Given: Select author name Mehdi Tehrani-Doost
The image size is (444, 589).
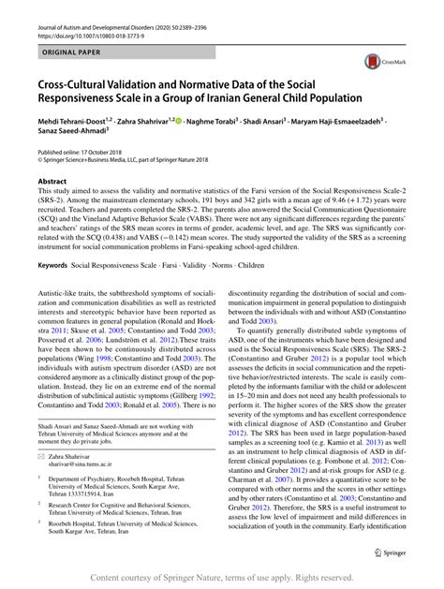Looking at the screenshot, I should point(72,122).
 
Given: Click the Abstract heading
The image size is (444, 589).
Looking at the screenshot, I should point(52,182).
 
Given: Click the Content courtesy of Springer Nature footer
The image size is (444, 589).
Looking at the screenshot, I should point(222,578).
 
